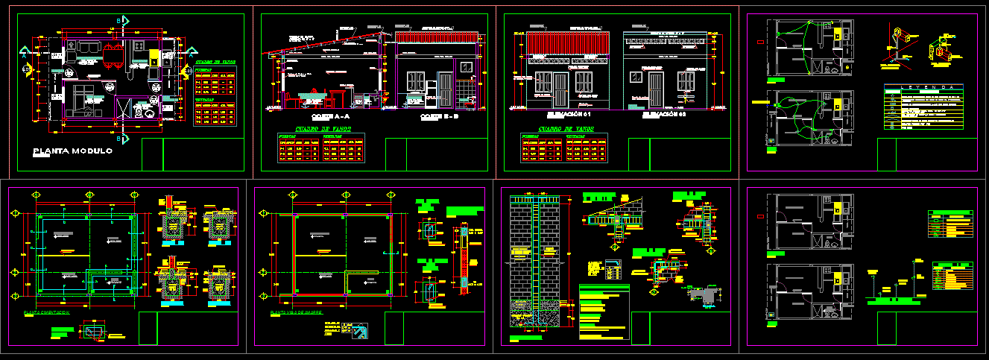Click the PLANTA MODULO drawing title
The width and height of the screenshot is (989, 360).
tap(72, 151)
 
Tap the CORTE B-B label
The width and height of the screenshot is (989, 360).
tap(440, 117)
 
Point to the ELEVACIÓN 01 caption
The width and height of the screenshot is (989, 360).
tap(563, 114)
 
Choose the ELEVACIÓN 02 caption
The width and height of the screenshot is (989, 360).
tap(664, 114)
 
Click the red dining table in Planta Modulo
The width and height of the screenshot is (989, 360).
tap(113, 57)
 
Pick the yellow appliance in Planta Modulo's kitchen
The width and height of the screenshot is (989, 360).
tap(154, 57)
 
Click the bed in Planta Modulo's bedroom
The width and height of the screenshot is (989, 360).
tap(83, 101)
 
